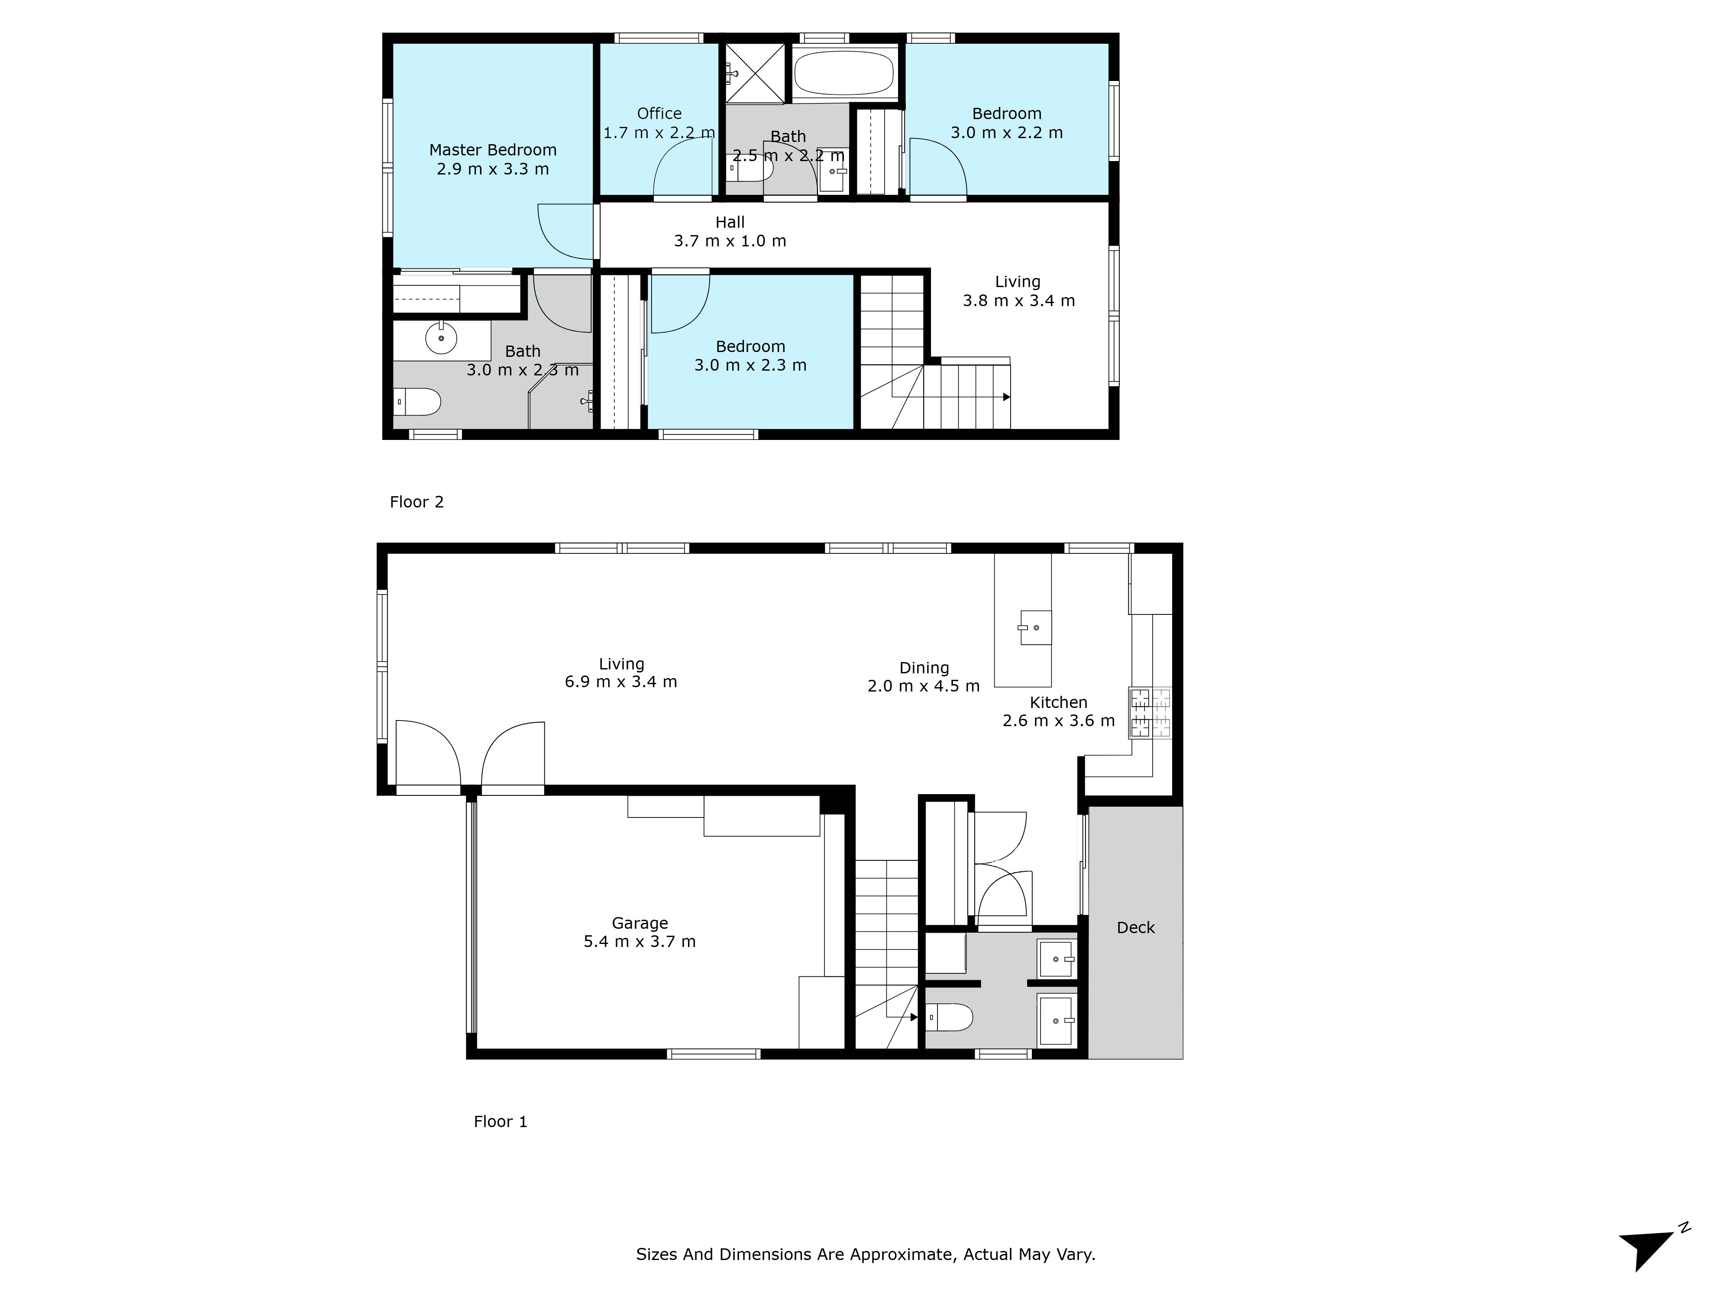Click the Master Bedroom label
pyautogui.click(x=492, y=149)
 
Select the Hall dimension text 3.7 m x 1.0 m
pyautogui.click(x=730, y=241)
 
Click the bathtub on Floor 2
pyautogui.click(x=843, y=73)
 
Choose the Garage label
pyautogui.click(x=640, y=923)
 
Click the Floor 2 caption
pyautogui.click(x=417, y=502)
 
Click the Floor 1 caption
pyautogui.click(x=501, y=1121)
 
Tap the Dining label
pyautogui.click(x=924, y=668)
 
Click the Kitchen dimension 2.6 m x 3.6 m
pyautogui.click(x=1059, y=721)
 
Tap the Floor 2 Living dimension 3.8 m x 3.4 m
pyautogui.click(x=1019, y=301)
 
